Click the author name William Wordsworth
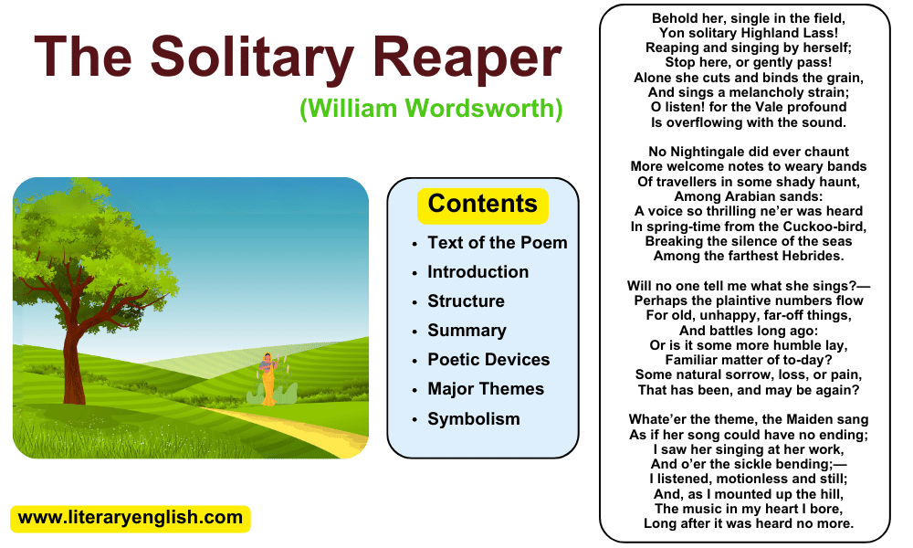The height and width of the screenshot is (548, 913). coord(431,109)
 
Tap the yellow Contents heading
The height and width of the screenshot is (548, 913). coord(483,205)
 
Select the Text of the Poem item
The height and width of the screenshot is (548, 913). coord(498,242)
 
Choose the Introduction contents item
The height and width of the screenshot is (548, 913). coord(478,271)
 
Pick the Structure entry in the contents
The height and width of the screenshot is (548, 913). coord(466,300)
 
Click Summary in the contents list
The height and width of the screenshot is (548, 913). coord(467,331)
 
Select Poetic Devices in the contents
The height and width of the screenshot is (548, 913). coord(488,359)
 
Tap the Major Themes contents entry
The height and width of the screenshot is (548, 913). coord(486,388)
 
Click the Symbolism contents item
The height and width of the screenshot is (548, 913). coord(473,418)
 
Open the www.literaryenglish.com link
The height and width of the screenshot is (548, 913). coord(131,518)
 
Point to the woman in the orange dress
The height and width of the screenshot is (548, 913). coord(268,378)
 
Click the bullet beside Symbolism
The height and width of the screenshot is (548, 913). coord(415,420)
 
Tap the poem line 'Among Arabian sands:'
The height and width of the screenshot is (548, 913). coord(749,196)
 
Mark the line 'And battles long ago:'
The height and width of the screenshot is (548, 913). coord(749,331)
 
